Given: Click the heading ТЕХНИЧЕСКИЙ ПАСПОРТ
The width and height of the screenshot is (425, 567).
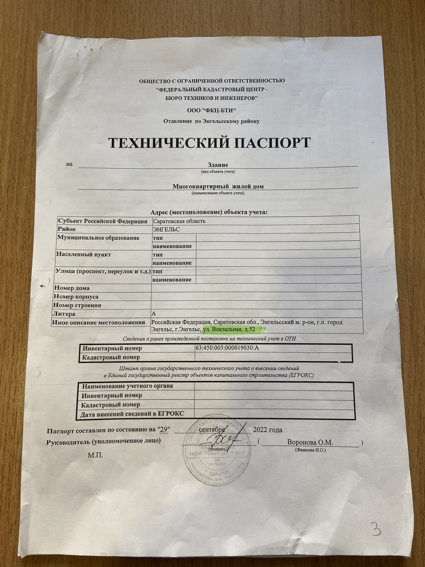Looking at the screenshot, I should pyautogui.click(x=210, y=143).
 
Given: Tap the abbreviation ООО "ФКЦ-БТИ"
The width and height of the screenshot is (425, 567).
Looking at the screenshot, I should pyautogui.click(x=211, y=111).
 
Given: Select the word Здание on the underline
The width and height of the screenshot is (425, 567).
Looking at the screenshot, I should pyautogui.click(x=218, y=165).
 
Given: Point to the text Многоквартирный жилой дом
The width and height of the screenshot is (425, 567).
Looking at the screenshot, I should pyautogui.click(x=218, y=186).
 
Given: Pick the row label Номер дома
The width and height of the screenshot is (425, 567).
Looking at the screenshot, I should pyautogui.click(x=72, y=288).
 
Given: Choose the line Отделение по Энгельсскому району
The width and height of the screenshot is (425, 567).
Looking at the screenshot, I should pyautogui.click(x=211, y=121).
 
